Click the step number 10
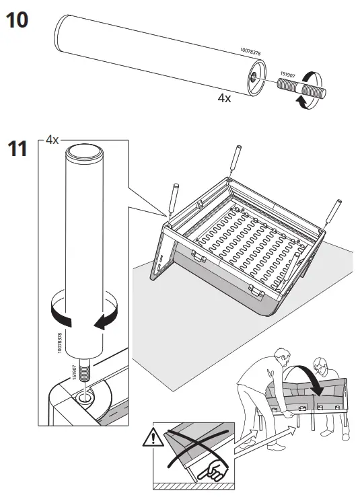pyautogui.click(x=17, y=20)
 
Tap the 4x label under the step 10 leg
pyautogui.click(x=224, y=98)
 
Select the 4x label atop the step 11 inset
pyautogui.click(x=52, y=141)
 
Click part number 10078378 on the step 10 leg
pyautogui.click(x=250, y=51)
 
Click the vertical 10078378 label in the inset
pyautogui.click(x=61, y=342)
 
